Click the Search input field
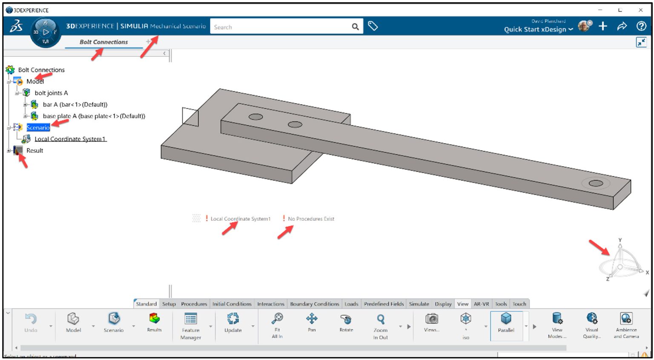tap(281, 27)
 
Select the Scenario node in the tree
tap(38, 127)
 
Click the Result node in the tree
tap(34, 150)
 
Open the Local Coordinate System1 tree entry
tap(70, 139)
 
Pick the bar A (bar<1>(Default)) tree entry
tap(75, 104)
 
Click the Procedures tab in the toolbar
tap(194, 304)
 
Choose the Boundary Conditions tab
tap(314, 304)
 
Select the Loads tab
tap(351, 304)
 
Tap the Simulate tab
tap(419, 304)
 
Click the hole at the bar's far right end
tap(596, 183)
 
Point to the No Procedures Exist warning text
tap(311, 219)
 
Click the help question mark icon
tap(641, 26)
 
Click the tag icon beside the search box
tap(373, 26)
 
